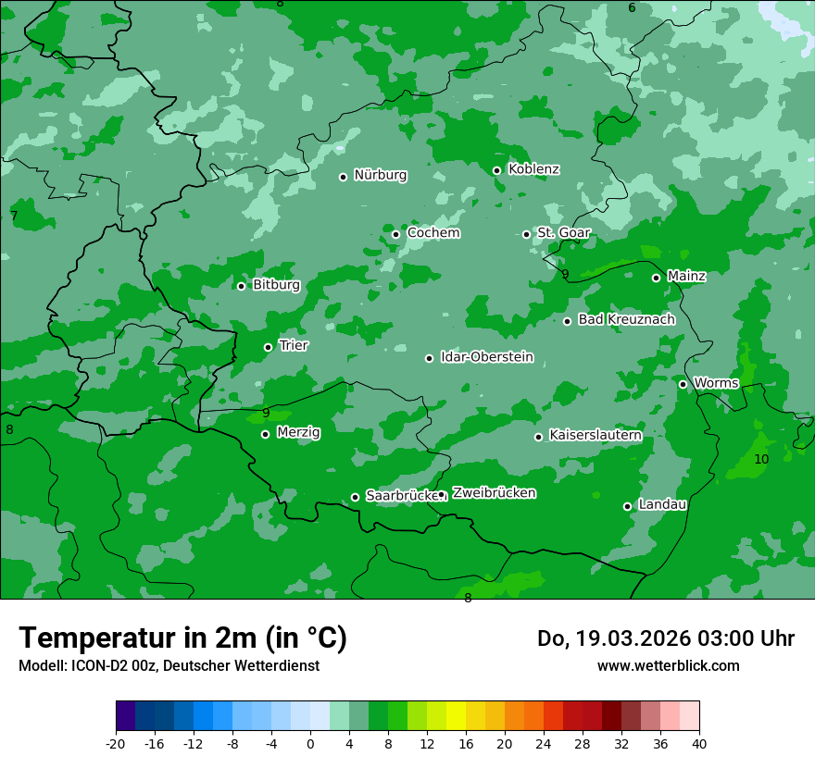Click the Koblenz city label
click(x=533, y=169)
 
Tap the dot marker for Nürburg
click(x=343, y=177)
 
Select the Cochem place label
click(x=433, y=233)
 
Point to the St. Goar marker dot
click(x=526, y=234)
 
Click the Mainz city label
click(x=686, y=276)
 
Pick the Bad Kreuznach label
click(x=626, y=319)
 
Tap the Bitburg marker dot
click(x=241, y=286)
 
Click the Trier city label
click(x=294, y=345)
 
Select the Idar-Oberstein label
click(x=486, y=357)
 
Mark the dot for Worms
click(x=683, y=384)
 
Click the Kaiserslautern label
click(x=595, y=435)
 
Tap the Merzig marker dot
click(x=265, y=434)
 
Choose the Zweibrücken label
click(x=494, y=493)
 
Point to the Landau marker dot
click(x=627, y=506)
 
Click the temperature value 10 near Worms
click(x=761, y=459)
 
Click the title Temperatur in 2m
click(x=182, y=638)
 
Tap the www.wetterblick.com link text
click(x=668, y=665)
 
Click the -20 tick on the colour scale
click(x=116, y=744)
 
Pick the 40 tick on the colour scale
click(x=699, y=744)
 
